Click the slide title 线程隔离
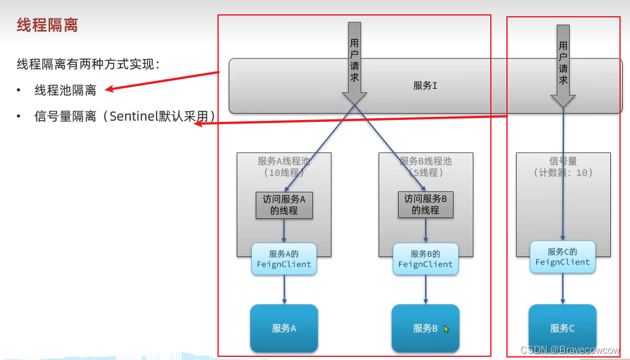click(x=47, y=26)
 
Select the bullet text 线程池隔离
click(x=65, y=90)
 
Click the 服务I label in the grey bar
click(x=425, y=86)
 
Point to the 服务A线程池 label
click(x=284, y=161)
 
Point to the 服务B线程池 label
click(x=426, y=161)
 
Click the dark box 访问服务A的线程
click(x=284, y=205)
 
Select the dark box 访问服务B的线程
click(x=426, y=205)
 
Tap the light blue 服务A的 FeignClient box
click(x=284, y=259)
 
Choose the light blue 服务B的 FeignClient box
click(x=426, y=259)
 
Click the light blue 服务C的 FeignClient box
click(x=562, y=257)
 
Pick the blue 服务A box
click(x=284, y=328)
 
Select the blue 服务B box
click(x=426, y=328)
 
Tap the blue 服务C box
click(x=562, y=328)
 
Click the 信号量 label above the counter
click(x=563, y=162)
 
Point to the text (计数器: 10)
click(x=563, y=173)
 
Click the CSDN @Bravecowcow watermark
click(x=570, y=350)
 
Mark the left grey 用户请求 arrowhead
click(x=355, y=98)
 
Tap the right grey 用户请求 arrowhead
click(x=563, y=99)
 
